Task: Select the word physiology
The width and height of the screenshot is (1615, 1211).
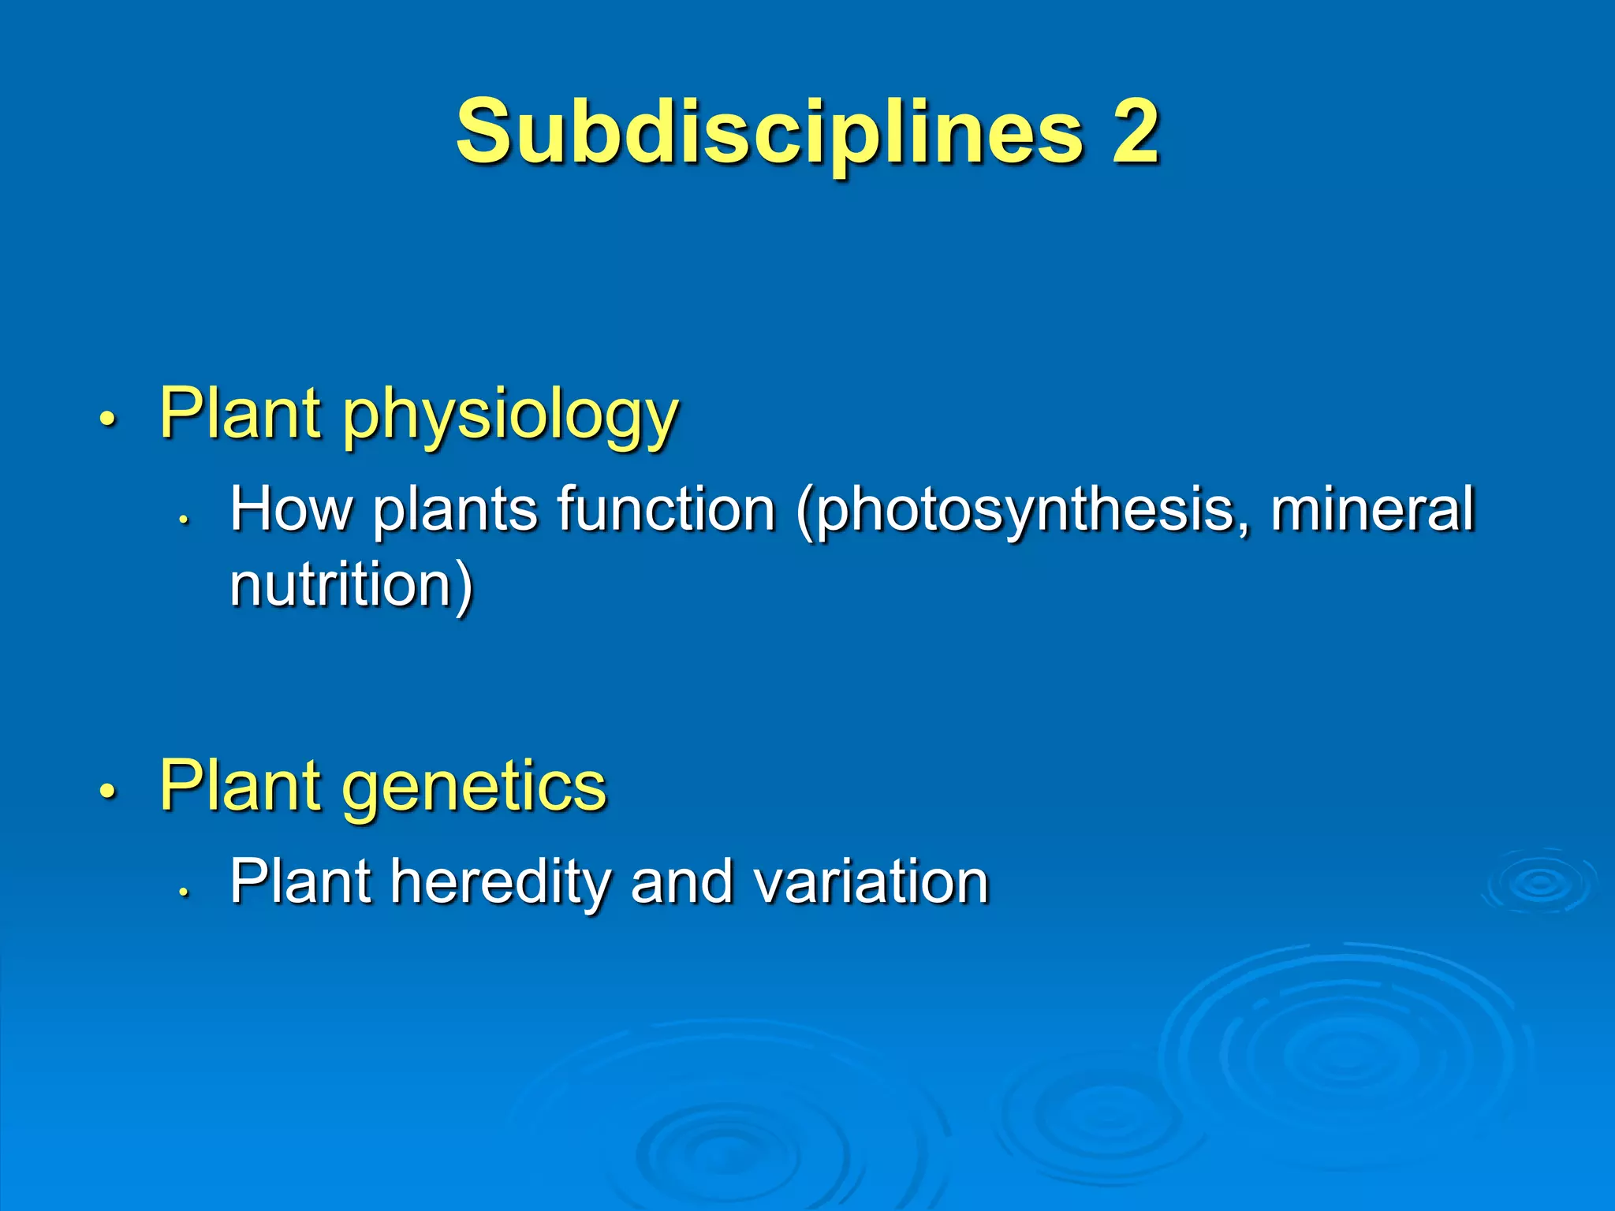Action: [x=510, y=415]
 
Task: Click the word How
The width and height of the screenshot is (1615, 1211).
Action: [x=291, y=509]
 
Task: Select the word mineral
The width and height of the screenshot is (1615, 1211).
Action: [x=1372, y=509]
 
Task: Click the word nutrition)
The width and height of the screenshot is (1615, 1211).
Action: [x=352, y=585]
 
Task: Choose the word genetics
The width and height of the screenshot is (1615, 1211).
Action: [x=474, y=787]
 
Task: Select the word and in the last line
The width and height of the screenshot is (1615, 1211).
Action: [x=682, y=881]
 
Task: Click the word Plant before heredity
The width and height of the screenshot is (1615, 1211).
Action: [x=300, y=881]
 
